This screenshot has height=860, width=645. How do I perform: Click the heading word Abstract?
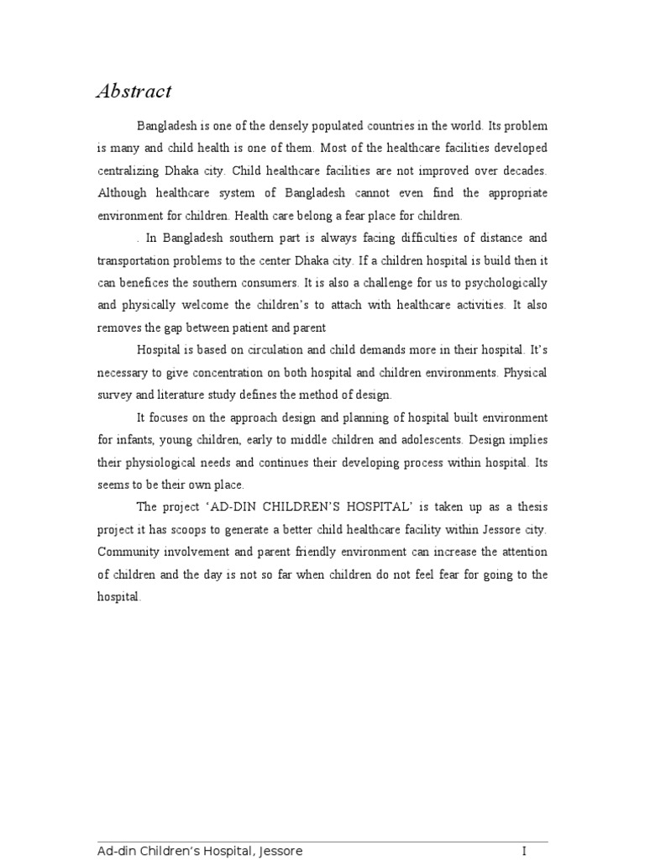click(134, 92)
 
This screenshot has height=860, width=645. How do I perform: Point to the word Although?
click(123, 193)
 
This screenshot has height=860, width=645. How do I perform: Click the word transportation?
click(138, 260)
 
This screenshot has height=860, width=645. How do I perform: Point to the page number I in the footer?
click(524, 852)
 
